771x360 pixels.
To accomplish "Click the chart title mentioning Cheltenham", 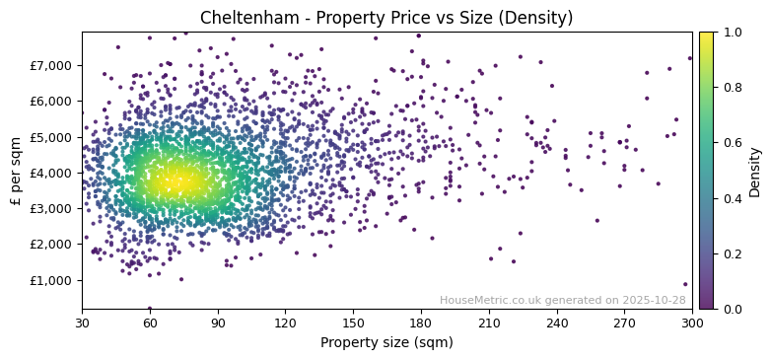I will pyautogui.click(x=385, y=18).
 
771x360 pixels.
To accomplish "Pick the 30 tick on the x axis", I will pyautogui.click(x=82, y=323).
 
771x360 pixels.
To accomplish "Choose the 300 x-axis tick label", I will pyautogui.click(x=692, y=323).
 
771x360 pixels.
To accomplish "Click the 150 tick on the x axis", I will pyautogui.click(x=353, y=323).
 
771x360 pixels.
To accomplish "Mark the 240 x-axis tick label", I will pyautogui.click(x=556, y=323).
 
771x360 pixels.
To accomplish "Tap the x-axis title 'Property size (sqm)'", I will pyautogui.click(x=386, y=342).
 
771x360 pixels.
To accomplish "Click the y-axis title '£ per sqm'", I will pyautogui.click(x=17, y=171).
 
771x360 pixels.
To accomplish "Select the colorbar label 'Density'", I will pyautogui.click(x=755, y=171).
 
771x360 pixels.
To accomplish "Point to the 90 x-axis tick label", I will pyautogui.click(x=218, y=323).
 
